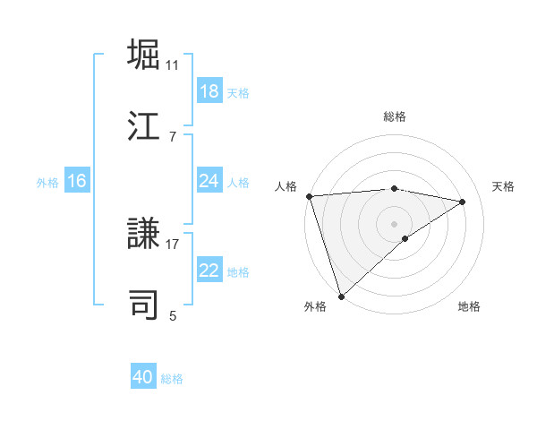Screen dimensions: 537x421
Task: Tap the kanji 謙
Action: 144,234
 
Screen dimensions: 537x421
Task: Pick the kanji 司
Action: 144,305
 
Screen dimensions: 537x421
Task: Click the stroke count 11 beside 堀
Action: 173,65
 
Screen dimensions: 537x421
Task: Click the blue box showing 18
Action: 209,91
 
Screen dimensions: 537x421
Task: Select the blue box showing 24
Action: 209,181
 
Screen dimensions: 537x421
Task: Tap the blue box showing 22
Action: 209,271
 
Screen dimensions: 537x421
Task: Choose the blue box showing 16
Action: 76,181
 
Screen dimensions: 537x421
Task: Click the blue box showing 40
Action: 143,377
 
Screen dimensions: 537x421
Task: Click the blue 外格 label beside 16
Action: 47,182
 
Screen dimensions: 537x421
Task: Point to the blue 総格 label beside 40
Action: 172,379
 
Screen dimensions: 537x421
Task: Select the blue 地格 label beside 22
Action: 238,272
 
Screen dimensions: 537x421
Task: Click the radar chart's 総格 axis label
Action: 395,116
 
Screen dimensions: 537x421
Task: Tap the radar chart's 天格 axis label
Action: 504,186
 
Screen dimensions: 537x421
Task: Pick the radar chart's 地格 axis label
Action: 469,306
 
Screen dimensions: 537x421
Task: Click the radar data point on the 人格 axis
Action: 309,196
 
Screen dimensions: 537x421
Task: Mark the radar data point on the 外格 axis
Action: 341,296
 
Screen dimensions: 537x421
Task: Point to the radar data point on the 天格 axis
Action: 463,202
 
